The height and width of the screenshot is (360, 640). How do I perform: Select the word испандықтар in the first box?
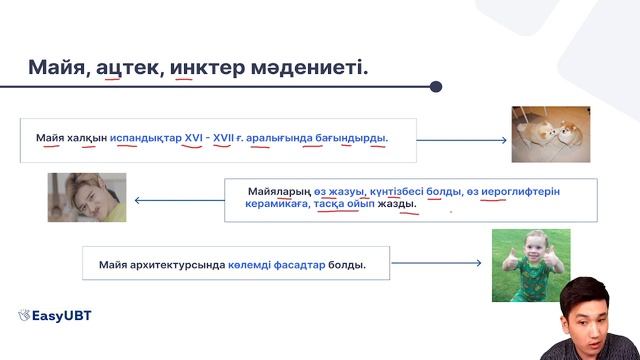pyautogui.click(x=146, y=137)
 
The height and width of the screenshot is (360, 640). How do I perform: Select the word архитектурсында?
pyautogui.click(x=182, y=266)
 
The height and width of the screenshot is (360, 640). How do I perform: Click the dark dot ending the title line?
pyautogui.click(x=436, y=87)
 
